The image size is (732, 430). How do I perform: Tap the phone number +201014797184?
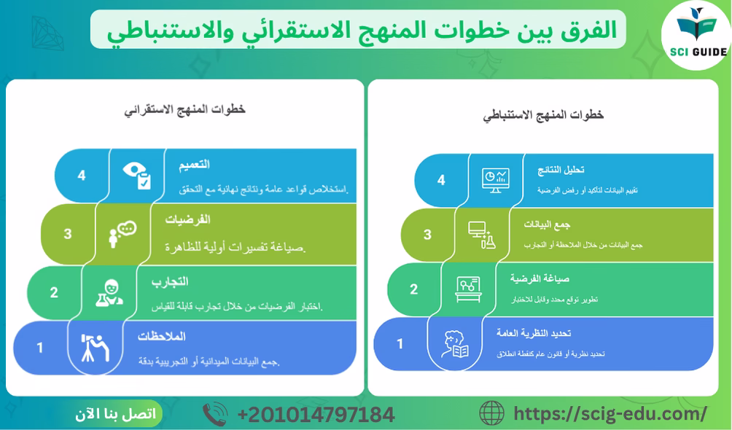[316, 415]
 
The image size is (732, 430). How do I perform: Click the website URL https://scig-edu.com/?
[610, 414]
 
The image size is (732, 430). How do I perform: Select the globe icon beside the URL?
[491, 413]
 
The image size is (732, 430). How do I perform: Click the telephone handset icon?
[215, 415]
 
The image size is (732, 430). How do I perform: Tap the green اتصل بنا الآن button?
[115, 414]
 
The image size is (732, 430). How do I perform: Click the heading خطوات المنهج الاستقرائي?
[185, 109]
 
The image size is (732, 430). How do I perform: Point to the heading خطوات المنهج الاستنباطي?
[543, 114]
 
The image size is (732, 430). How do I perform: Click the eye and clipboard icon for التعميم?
[138, 175]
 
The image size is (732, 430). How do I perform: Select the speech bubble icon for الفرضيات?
[122, 234]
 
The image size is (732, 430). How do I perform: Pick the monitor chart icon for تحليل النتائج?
[496, 179]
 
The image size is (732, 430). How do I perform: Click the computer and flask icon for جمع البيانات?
[482, 234]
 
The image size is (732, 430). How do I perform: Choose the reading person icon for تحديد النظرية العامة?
[455, 344]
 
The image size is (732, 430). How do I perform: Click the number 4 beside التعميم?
[82, 176]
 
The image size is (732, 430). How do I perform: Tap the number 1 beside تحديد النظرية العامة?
[400, 343]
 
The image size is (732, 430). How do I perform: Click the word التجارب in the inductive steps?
[170, 281]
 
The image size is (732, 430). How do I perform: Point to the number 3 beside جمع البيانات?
[427, 235]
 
